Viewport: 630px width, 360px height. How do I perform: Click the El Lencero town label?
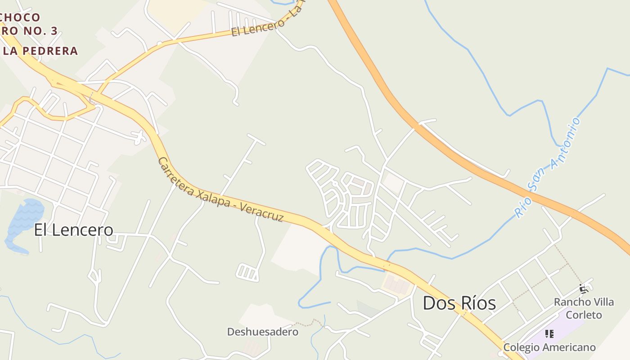pos(74,230)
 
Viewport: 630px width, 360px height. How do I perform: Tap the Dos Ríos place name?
pos(459,303)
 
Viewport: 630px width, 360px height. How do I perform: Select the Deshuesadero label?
pos(262,332)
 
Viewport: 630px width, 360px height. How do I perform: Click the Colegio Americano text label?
pos(549,347)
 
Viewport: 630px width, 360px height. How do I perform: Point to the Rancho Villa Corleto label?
pos(584,308)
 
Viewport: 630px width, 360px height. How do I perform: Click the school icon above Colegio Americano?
pos(549,334)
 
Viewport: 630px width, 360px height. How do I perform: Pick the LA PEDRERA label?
pos(40,51)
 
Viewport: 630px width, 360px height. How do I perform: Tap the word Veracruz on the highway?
pos(262,212)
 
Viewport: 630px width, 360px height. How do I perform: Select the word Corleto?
pos(584,315)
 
